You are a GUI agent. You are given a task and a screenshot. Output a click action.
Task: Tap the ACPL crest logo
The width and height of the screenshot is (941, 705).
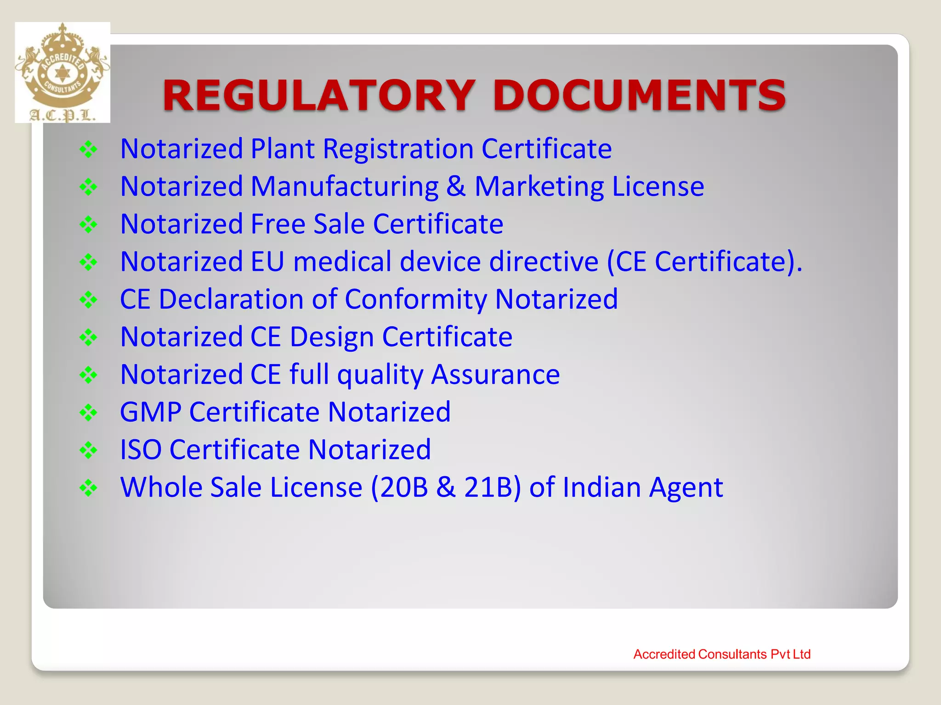coord(62,73)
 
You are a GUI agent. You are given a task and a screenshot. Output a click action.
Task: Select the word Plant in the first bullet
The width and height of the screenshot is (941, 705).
coord(282,149)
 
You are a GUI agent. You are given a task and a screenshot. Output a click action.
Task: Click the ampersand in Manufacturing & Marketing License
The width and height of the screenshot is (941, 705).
coord(456,186)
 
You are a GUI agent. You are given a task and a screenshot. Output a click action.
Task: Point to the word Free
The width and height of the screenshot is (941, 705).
coord(278,224)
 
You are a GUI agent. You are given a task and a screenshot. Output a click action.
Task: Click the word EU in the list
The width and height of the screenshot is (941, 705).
coord(267,262)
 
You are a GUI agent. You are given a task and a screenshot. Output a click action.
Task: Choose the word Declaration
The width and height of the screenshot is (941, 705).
coord(231,299)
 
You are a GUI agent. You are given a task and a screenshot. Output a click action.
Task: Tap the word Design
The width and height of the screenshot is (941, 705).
coord(332,337)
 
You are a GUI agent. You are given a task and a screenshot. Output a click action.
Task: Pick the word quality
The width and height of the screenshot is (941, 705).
coord(380,375)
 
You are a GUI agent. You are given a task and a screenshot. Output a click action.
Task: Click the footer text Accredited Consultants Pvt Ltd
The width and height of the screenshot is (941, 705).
coord(722,654)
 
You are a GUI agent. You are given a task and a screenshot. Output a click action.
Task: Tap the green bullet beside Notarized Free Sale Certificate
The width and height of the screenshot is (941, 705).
coord(88,225)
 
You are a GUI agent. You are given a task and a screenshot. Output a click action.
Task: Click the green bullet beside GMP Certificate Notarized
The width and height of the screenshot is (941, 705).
coord(88,413)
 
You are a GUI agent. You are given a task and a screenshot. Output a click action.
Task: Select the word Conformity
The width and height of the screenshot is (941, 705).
coord(416,299)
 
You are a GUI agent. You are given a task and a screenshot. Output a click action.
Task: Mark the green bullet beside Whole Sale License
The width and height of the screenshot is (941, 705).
coord(88,488)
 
